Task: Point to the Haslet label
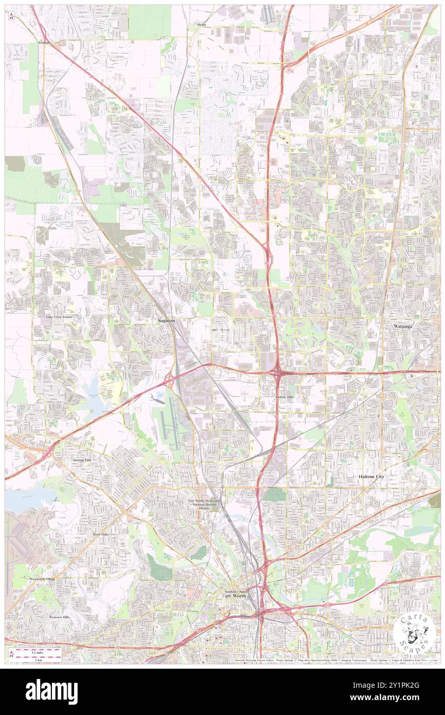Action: pos(201,24)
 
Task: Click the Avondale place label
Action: pos(43,43)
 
